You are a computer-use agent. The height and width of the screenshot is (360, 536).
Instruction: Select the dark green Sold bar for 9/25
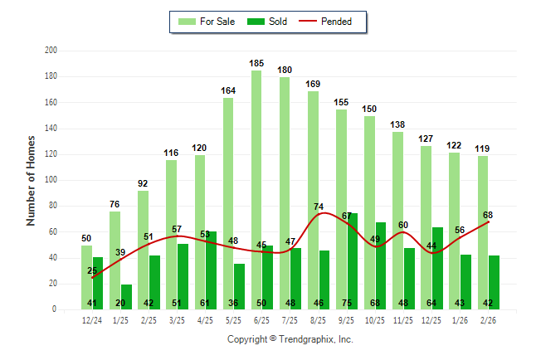point(352,257)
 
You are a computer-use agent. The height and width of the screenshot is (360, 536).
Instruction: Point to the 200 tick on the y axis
point(51,51)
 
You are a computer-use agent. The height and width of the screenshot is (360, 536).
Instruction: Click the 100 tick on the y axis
point(51,180)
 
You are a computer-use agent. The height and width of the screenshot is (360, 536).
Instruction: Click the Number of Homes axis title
point(31,180)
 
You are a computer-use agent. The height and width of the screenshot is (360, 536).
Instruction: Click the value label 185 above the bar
point(256,63)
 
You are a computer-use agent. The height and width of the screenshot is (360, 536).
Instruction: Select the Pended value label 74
point(319,207)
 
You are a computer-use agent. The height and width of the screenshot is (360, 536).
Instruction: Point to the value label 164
point(228,90)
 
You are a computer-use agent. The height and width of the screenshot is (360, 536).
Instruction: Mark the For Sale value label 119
point(482,148)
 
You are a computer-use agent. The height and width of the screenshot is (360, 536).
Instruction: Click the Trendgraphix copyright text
point(290,339)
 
